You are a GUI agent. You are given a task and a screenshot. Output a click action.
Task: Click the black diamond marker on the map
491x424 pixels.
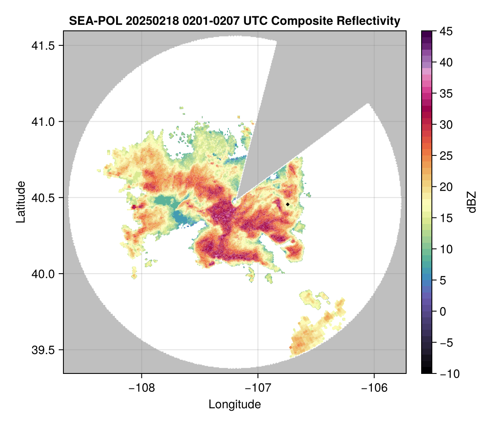[288, 204]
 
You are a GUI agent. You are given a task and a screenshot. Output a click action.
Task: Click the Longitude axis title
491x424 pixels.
[234, 404]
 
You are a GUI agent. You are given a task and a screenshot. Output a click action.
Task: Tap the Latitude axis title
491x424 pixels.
[21, 202]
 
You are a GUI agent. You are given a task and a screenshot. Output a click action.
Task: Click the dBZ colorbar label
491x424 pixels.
[472, 202]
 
